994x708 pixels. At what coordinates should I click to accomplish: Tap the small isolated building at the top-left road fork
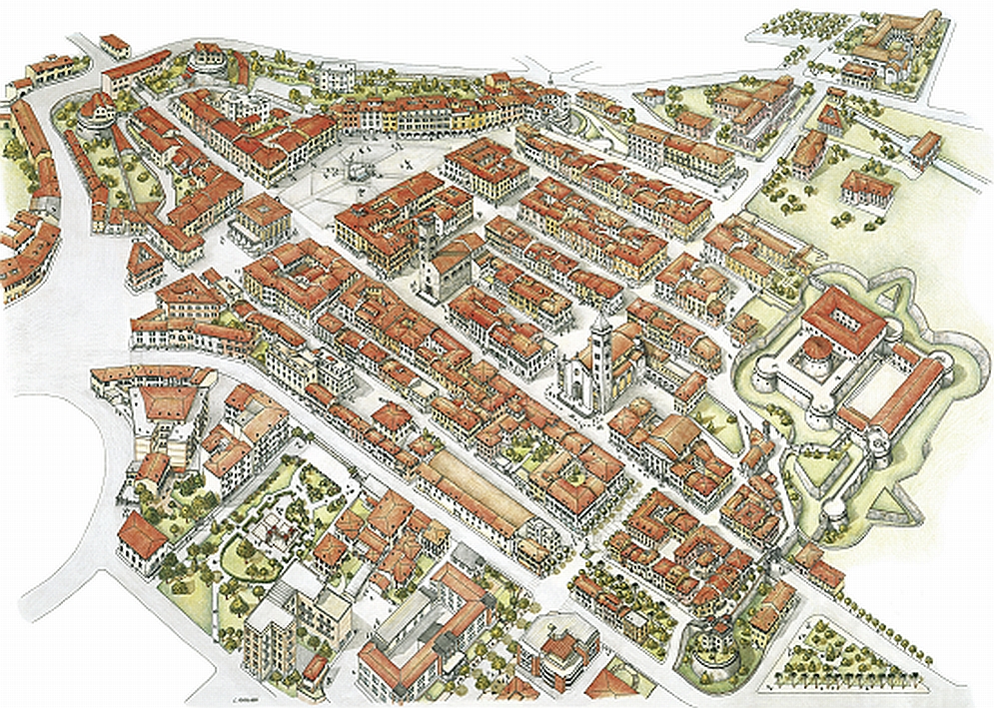115,45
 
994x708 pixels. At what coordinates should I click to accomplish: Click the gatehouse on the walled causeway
924,148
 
